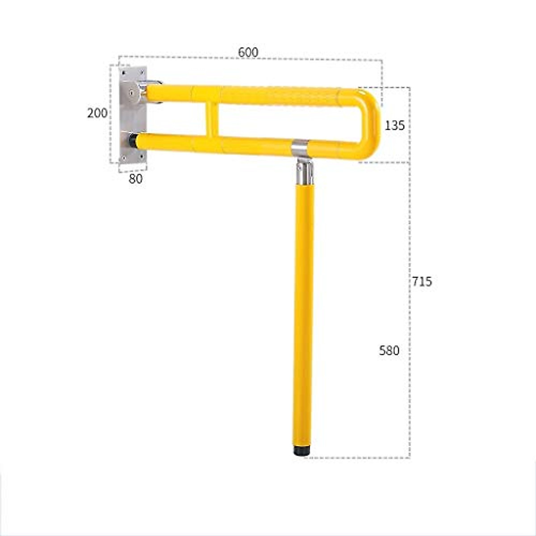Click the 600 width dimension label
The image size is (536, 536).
(248, 52)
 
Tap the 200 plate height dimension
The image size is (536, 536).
(97, 113)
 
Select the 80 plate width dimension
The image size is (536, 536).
(135, 179)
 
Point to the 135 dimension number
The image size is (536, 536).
(395, 126)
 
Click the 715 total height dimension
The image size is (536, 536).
(422, 281)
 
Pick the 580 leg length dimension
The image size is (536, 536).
(389, 351)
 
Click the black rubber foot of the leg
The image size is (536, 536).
(302, 450)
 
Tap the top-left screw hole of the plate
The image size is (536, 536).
(124, 71)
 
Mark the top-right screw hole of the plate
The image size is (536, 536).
(142, 71)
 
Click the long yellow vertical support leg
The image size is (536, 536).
(304, 313)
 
